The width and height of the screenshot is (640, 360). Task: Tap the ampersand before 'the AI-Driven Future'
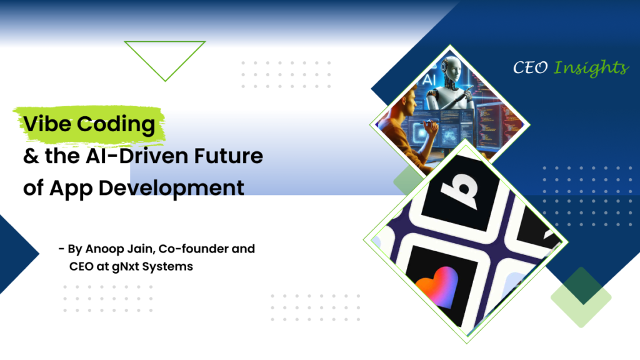(31, 156)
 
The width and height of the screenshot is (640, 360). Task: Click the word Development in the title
(171, 189)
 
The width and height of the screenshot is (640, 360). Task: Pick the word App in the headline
(71, 189)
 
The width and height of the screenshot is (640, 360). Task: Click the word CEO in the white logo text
(530, 67)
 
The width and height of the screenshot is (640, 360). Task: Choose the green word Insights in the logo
(591, 68)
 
